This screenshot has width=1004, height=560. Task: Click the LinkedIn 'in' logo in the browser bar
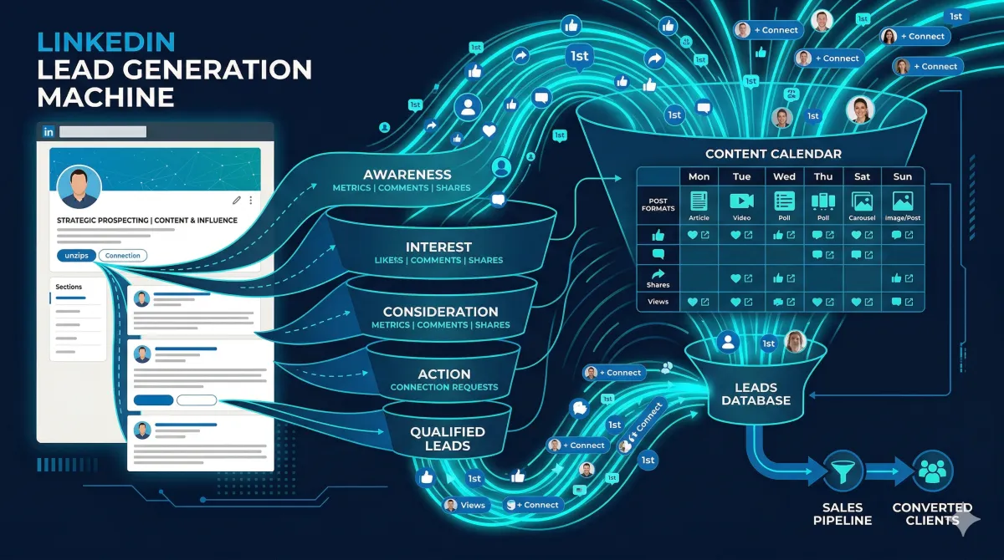tap(48, 132)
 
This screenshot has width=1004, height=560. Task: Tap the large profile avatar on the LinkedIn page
tap(79, 186)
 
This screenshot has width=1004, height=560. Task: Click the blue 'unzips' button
tap(76, 256)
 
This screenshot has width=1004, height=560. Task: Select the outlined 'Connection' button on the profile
tap(122, 256)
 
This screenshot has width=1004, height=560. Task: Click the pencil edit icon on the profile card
tap(237, 201)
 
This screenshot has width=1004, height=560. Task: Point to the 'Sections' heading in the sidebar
tap(69, 287)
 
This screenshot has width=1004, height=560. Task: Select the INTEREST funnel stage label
tap(438, 247)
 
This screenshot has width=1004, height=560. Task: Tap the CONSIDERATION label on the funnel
tap(440, 312)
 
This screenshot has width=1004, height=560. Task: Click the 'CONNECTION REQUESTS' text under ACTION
tap(443, 387)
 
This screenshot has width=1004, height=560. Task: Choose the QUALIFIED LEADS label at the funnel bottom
tap(447, 439)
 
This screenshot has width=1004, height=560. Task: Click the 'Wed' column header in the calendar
tap(784, 176)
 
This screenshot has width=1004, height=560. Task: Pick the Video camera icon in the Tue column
tap(741, 201)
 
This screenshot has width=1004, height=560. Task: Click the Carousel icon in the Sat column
tap(862, 201)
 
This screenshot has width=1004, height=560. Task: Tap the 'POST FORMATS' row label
tap(658, 206)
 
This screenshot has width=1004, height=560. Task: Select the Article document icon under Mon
tap(699, 201)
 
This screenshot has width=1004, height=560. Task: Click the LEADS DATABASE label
tap(756, 394)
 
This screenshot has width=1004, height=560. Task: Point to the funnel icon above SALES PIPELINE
tap(842, 471)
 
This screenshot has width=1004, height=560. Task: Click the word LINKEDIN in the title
tap(105, 42)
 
